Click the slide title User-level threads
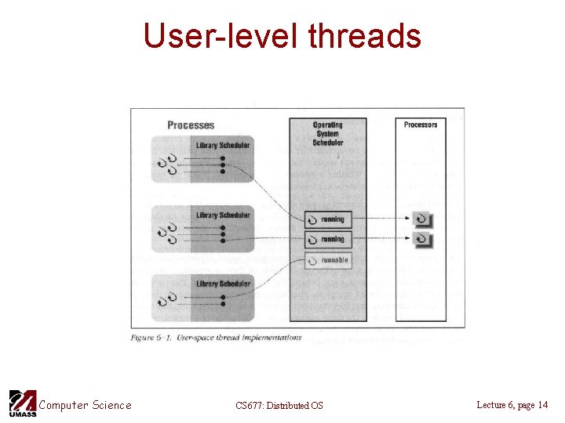pos(282,35)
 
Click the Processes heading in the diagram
pos(191,125)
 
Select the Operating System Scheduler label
pos(327,134)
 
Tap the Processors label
pos(421,125)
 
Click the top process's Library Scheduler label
pos(223,145)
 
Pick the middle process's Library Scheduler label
pos(223,215)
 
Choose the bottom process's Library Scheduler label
pos(223,284)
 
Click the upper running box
pos(327,219)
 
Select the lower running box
pos(327,239)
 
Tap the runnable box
pos(327,259)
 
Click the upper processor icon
pos(422,220)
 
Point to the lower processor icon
pos(422,239)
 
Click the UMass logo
pos(22,403)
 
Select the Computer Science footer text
pos(85,405)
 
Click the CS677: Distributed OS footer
pos(279,405)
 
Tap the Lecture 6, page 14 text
pos(512,405)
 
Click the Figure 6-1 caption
pos(217,338)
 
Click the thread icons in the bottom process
pos(167,298)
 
